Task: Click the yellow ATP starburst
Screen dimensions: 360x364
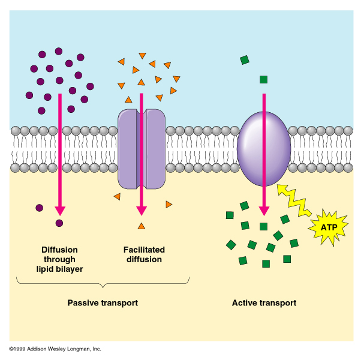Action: tap(327, 227)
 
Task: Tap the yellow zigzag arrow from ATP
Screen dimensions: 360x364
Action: tap(293, 203)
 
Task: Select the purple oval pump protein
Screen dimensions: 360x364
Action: tap(264, 149)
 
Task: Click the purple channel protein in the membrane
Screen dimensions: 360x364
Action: tap(141, 148)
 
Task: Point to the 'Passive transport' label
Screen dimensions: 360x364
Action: tap(103, 303)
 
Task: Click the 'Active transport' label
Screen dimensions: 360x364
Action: tap(264, 303)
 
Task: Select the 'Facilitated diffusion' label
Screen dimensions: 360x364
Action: tap(144, 254)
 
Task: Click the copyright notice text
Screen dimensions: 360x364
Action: tap(55, 349)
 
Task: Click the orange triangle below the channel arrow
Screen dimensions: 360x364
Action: tap(141, 226)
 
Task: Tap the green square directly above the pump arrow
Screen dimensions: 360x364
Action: tap(263, 79)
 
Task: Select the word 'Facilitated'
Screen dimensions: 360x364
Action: tap(144, 250)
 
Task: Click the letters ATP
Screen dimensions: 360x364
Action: tap(327, 227)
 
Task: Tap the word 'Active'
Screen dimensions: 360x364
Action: tap(245, 303)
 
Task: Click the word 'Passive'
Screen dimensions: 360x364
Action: tap(83, 303)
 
